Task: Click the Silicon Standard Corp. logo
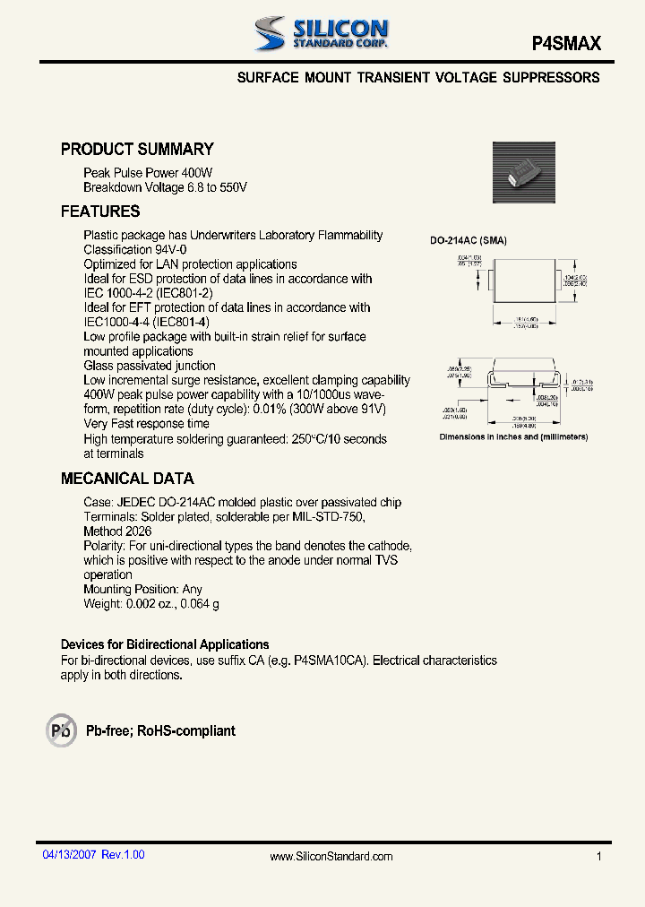pos(321,34)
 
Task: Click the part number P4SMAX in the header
pos(566,43)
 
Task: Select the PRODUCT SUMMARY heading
pos(137,150)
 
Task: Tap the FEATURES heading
pos(100,212)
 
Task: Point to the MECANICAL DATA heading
pos(127,479)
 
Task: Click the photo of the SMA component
pos(523,173)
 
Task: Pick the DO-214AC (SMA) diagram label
pos(469,241)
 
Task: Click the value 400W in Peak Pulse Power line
pos(197,173)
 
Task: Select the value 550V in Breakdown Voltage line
pos(230,187)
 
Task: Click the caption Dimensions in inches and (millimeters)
pos(513,437)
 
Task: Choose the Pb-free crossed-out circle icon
pos(62,730)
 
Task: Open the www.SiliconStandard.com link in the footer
pos(331,857)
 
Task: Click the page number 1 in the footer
pos(598,857)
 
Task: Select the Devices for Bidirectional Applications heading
pos(165,644)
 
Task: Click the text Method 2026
pos(117,531)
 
